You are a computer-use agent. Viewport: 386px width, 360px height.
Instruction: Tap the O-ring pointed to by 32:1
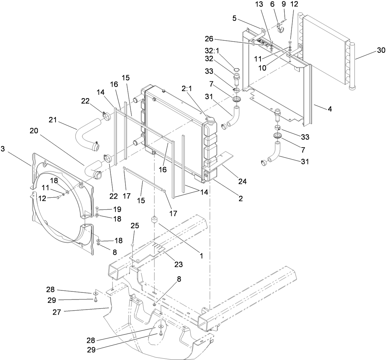[x=237, y=70]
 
